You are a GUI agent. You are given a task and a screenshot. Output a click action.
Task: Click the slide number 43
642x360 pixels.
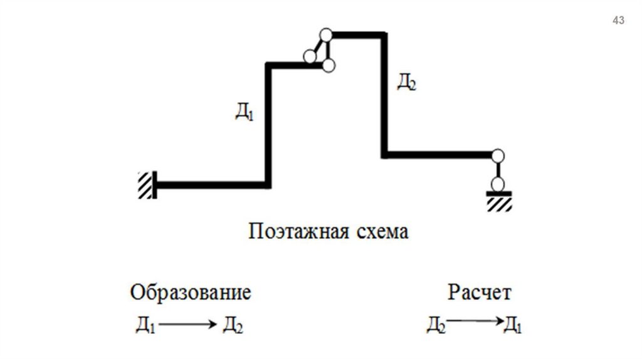point(618,21)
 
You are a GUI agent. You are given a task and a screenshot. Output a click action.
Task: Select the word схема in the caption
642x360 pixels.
point(381,232)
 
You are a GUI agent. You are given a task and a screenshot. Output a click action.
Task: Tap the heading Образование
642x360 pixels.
point(191,293)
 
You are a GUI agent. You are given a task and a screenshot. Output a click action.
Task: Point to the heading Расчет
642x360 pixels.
point(480,293)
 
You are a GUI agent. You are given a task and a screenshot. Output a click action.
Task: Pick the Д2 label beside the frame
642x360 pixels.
point(406,82)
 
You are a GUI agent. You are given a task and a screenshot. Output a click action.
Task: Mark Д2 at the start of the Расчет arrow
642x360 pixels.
point(436,325)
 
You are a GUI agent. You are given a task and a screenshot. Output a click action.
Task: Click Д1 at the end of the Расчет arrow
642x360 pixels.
point(513,325)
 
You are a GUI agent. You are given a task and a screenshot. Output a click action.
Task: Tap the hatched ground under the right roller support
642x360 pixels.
point(498,204)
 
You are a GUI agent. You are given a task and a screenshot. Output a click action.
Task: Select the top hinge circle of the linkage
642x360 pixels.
point(325,35)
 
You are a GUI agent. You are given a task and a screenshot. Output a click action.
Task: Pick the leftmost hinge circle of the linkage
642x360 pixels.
point(310,56)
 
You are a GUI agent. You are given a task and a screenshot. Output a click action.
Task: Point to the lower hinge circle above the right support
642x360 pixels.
point(498,184)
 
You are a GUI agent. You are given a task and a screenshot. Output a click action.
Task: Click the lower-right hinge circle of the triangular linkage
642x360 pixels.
point(329,65)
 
